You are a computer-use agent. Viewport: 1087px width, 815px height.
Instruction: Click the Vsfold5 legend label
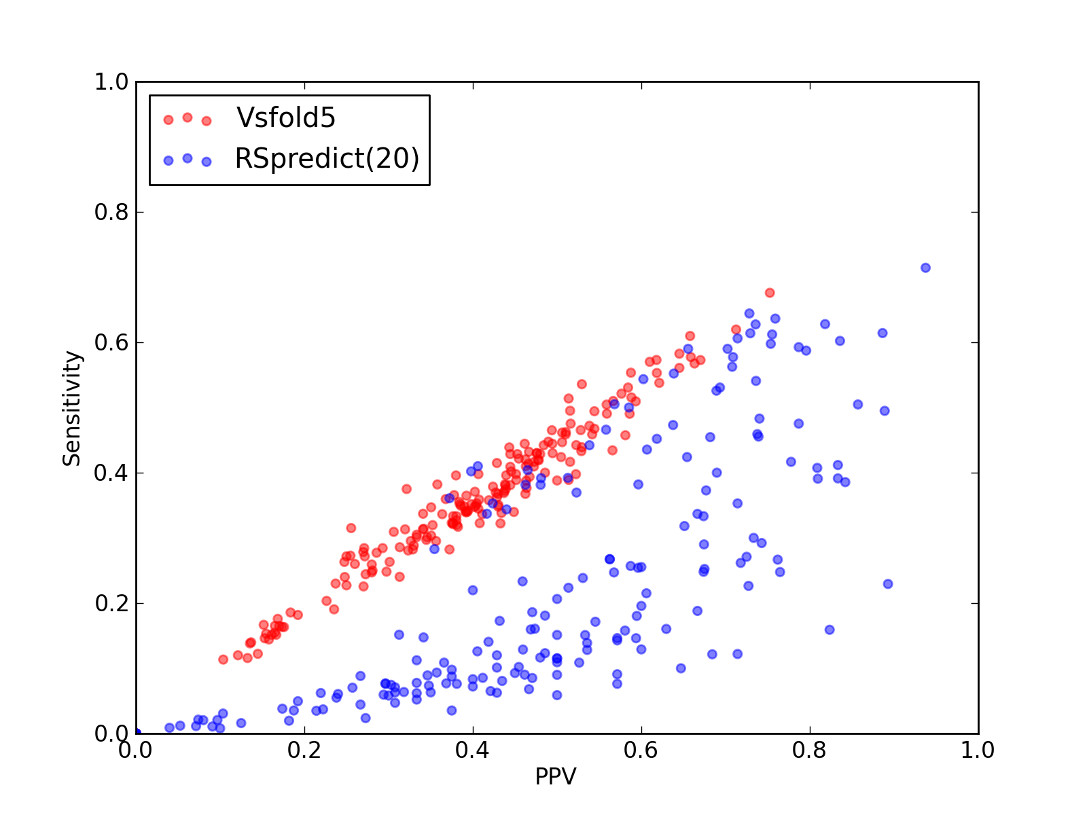286,117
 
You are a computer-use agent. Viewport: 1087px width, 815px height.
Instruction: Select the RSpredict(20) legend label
327,159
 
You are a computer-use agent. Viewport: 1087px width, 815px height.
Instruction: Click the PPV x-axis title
556,776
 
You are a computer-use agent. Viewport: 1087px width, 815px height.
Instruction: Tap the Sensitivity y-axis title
72,408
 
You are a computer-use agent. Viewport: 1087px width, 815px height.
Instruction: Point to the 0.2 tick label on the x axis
304,750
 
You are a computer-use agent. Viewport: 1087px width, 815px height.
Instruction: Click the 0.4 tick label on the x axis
472,750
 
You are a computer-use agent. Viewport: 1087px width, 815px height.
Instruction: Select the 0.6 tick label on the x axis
641,750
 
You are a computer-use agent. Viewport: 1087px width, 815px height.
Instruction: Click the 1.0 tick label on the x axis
977,750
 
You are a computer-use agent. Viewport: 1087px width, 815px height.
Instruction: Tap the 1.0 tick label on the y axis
111,81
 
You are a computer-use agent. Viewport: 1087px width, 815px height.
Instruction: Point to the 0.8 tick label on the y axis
111,213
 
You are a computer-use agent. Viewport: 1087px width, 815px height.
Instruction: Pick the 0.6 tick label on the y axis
111,342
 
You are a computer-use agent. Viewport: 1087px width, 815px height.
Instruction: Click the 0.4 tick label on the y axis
111,473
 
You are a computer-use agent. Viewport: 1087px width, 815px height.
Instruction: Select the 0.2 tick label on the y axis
111,603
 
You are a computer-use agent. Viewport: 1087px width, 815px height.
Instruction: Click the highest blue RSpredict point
925,268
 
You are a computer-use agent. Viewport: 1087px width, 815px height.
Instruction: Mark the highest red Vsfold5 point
769,293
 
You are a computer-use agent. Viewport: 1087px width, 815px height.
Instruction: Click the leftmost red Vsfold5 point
223,659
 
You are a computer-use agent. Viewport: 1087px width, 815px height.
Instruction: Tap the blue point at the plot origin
137,733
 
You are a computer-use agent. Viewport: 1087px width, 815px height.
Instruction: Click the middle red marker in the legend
188,117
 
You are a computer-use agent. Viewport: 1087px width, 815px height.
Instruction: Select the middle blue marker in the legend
188,158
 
